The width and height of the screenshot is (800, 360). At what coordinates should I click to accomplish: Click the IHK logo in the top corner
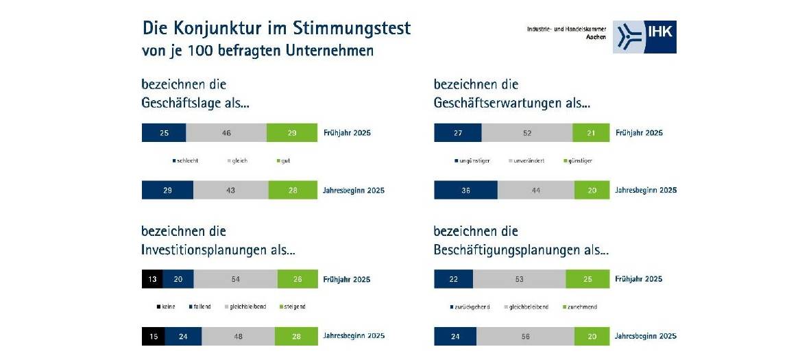point(644,36)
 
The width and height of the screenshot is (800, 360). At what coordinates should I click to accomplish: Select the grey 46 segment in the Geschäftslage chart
point(226,133)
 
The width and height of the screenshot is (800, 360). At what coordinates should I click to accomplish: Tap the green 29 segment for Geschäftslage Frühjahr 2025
point(291,133)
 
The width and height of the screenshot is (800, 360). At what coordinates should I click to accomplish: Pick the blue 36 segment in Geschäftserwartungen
point(465,190)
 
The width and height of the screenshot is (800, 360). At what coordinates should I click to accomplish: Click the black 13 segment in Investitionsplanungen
point(152,279)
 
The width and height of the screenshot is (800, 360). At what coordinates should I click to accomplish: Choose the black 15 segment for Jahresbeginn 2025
point(152,336)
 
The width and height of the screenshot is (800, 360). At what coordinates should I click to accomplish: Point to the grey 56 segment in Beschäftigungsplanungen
point(524,336)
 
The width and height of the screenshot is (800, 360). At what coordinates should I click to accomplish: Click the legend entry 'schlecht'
point(186,160)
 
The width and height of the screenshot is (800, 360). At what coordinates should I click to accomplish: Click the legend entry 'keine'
point(168,307)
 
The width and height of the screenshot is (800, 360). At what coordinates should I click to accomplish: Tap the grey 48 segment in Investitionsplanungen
point(238,336)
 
